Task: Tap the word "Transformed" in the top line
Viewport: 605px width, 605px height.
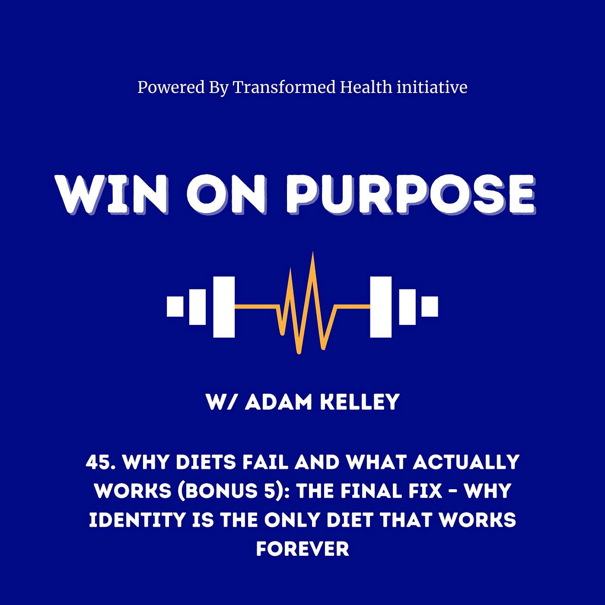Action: click(284, 88)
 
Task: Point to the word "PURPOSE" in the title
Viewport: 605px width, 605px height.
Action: click(410, 194)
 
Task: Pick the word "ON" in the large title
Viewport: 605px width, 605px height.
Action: click(227, 194)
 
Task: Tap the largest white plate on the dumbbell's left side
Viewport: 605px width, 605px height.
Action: click(224, 307)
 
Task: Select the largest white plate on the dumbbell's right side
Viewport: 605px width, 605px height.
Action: click(381, 307)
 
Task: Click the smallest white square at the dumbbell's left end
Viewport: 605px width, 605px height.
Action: click(175, 306)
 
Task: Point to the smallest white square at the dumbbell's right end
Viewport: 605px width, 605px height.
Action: click(430, 306)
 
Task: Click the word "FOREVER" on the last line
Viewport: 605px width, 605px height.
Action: click(302, 549)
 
